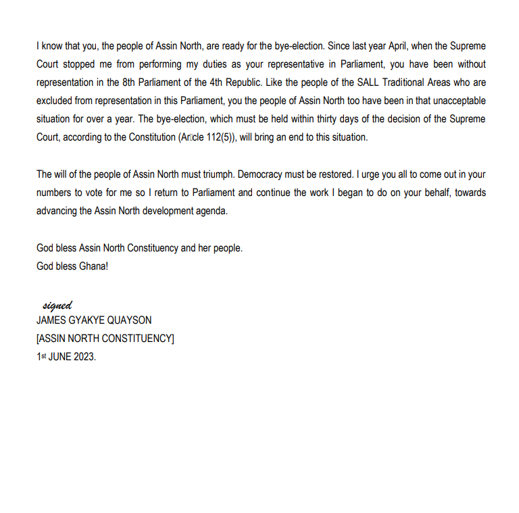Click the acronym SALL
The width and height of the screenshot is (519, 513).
[348, 83]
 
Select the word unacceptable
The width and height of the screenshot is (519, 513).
[455, 101]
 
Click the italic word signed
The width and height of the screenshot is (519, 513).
[57, 306]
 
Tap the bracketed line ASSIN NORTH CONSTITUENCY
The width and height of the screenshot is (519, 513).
[105, 339]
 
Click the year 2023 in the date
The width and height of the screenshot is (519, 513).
[84, 356]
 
